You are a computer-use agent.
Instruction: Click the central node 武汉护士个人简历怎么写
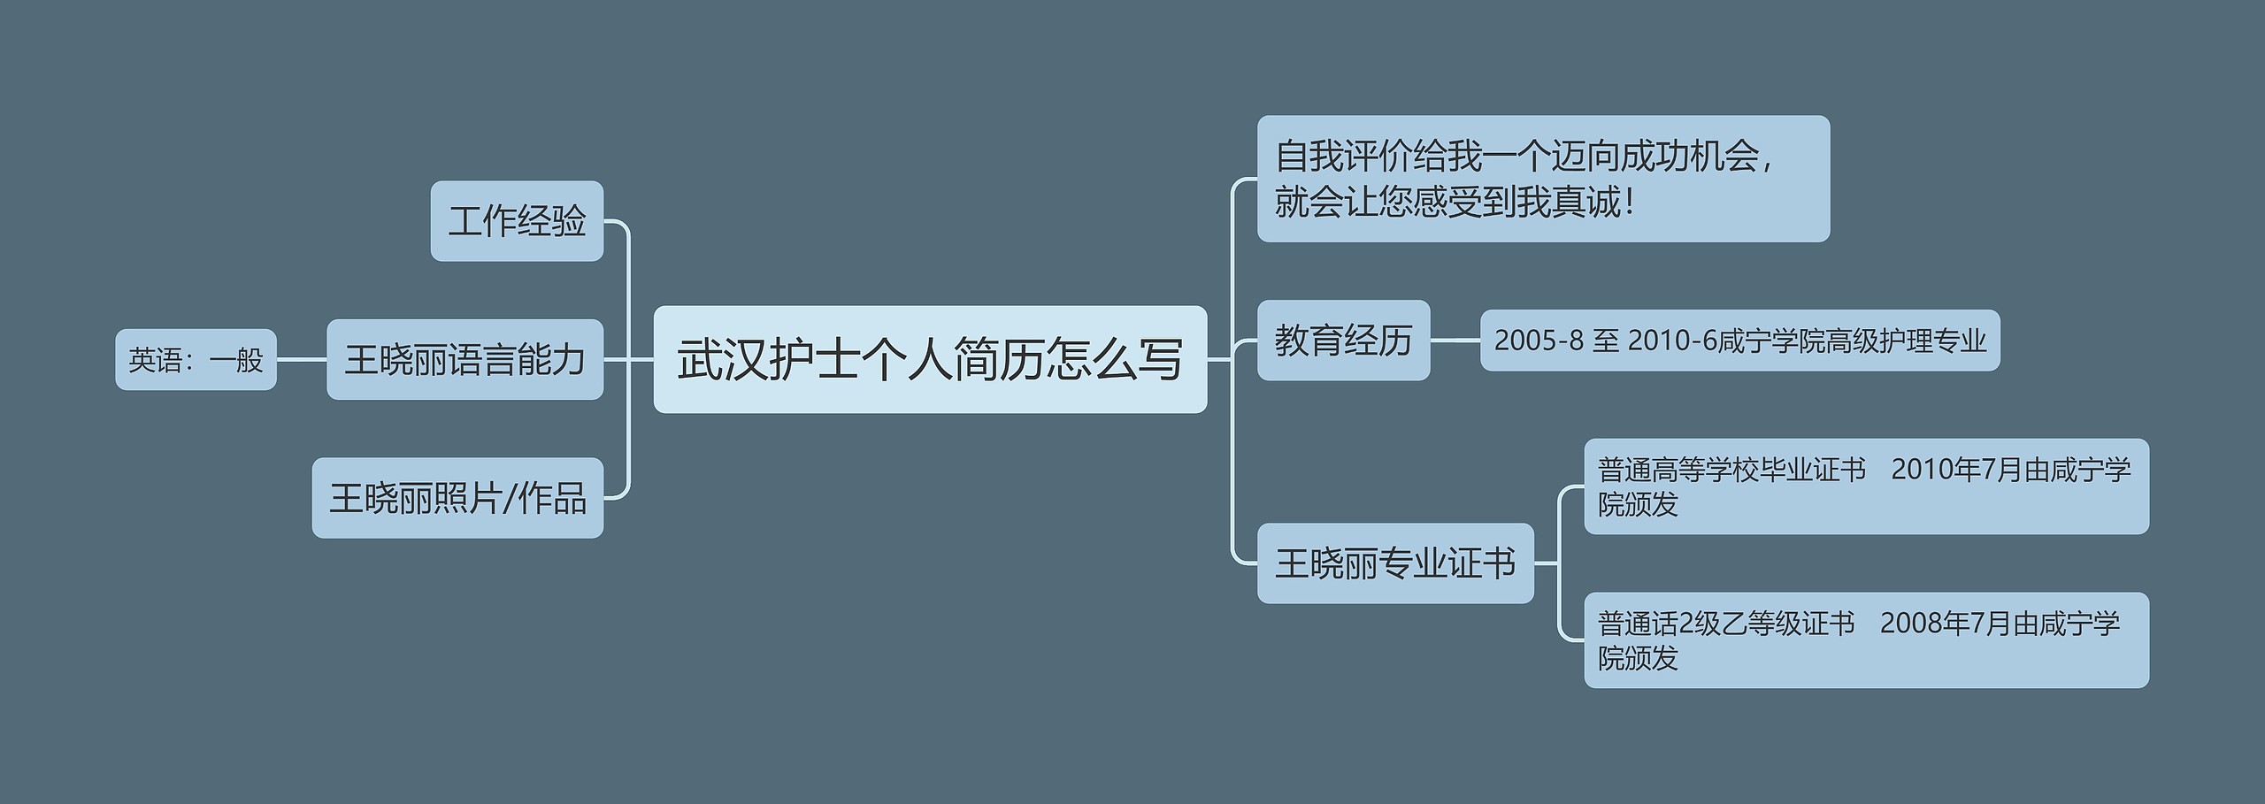930,359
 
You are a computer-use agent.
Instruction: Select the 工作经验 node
517,221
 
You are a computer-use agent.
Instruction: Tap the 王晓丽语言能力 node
465,359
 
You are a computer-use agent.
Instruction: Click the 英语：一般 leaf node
196,359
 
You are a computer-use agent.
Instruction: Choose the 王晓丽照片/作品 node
457,498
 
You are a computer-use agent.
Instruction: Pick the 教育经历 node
1343,341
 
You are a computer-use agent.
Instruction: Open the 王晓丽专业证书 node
1395,563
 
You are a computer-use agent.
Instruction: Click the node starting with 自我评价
1543,179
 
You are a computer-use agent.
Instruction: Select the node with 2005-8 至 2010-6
1739,341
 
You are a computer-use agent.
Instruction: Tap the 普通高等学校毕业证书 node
1866,486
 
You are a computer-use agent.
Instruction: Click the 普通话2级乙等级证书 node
1866,640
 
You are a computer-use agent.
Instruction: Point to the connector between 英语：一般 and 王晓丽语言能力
302,359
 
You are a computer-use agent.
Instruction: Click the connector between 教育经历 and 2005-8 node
1455,340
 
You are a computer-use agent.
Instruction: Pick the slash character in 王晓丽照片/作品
509,499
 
